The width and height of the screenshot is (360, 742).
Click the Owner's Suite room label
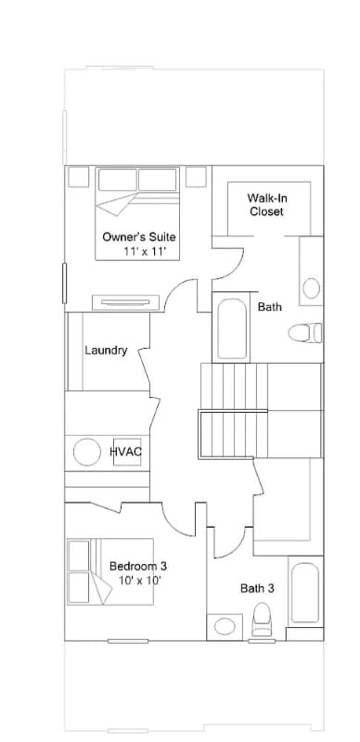pos(138,237)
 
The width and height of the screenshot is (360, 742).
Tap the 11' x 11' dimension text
pos(144,251)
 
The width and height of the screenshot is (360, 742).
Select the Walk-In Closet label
pos(266,205)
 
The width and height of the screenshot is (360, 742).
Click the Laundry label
pos(106,351)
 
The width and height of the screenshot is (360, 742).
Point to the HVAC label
pos(125,452)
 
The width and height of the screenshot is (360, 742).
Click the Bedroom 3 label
pos(138,565)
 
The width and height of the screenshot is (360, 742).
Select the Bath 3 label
pos(257,587)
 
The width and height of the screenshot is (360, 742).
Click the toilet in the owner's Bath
pos(304,331)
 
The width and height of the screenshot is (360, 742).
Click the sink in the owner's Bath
pos(312,287)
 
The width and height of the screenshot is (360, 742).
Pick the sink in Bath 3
pos(225,626)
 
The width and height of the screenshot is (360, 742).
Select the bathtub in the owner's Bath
pos(231,328)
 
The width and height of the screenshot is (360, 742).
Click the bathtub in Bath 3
pos(304,594)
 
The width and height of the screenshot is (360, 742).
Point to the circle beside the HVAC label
pos(87,452)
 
